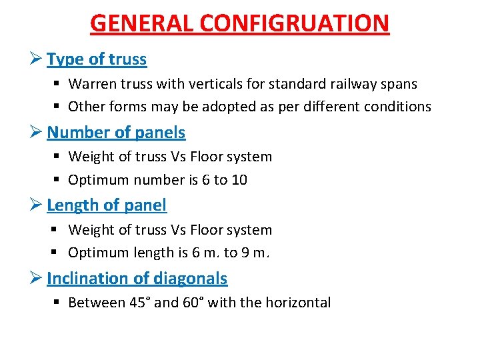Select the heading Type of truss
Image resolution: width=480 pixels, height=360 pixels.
[97, 59]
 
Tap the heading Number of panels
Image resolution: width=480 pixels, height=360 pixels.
[116, 132]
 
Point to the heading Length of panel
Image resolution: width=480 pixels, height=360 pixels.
[107, 205]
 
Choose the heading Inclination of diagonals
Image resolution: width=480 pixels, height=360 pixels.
[137, 278]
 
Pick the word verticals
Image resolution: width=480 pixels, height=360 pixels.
[201, 84]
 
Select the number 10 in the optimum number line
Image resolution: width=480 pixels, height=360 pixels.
[239, 180]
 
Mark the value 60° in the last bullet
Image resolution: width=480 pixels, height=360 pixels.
[193, 303]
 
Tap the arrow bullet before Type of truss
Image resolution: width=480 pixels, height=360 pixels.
[37, 59]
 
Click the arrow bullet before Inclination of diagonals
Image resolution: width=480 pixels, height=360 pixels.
[37, 278]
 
